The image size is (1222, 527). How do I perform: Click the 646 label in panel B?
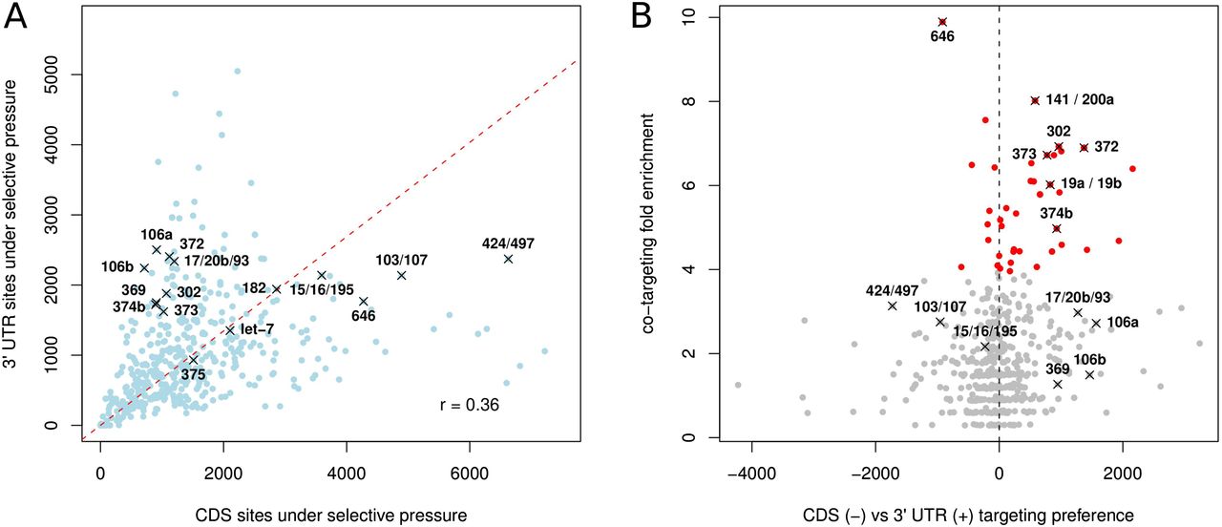pos(942,37)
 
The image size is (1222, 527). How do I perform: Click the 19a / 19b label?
pos(1091,182)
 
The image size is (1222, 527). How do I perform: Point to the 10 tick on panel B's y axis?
pos(689,17)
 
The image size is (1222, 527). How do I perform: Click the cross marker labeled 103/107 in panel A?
pos(402,275)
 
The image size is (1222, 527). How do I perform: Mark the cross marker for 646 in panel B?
pos(942,21)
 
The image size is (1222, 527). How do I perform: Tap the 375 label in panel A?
pos(193,375)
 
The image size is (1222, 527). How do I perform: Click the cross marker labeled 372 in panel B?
pos(1084,147)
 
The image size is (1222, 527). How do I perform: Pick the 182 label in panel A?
pos(256,287)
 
